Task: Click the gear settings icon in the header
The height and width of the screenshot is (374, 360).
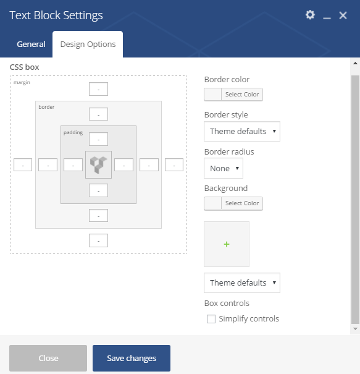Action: coord(310,15)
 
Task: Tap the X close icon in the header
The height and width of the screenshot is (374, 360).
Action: coord(343,15)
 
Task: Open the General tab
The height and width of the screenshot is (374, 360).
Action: coord(31,44)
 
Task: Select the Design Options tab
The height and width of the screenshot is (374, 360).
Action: coord(88,44)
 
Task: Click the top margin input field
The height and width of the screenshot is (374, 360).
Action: coord(98,89)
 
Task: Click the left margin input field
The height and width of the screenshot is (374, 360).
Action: coord(23,165)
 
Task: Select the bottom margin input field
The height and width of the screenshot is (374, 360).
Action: coord(98,240)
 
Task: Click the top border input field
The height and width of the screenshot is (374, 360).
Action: coord(98,114)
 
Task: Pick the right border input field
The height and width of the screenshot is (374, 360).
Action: coord(149,165)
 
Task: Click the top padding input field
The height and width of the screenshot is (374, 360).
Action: coord(98,139)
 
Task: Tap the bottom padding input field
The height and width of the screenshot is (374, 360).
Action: coord(98,190)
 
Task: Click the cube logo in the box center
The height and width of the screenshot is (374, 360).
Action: coord(98,164)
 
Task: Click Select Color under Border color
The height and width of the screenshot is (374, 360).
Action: coord(242,95)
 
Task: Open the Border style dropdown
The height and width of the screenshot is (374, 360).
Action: coord(242,132)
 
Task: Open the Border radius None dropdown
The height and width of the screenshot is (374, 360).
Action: coord(224,168)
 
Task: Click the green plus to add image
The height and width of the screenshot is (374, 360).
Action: coord(227,244)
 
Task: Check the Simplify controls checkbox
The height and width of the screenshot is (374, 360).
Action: coord(211,319)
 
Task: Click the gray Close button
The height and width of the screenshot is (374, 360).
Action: coord(48,358)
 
